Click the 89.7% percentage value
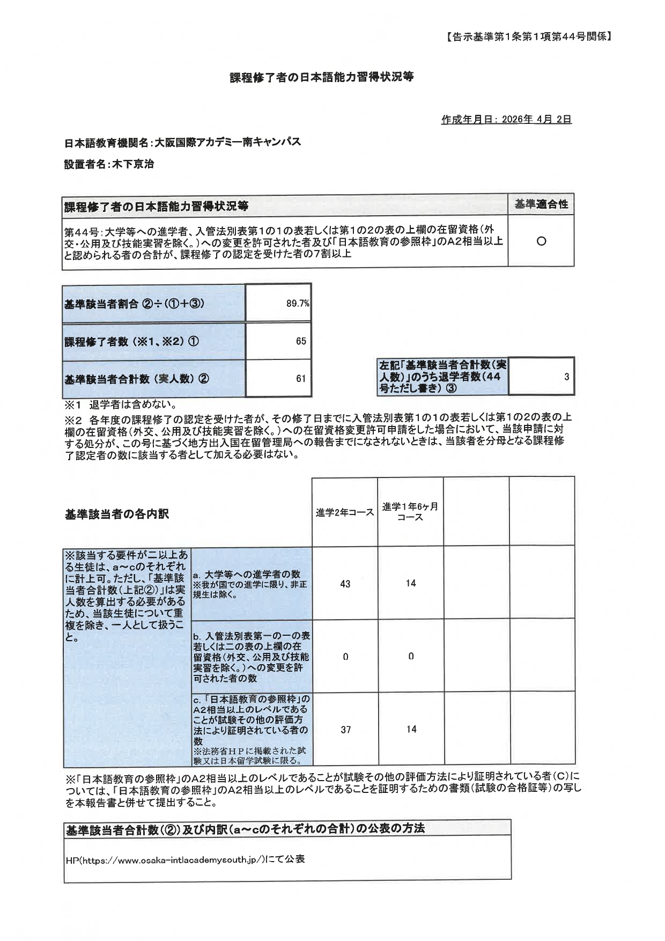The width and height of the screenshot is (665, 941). pyautogui.click(x=298, y=304)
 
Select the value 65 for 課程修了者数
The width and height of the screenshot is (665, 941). pyautogui.click(x=301, y=341)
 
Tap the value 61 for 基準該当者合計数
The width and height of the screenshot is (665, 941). pyautogui.click(x=301, y=379)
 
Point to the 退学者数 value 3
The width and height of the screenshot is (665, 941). pyautogui.click(x=566, y=377)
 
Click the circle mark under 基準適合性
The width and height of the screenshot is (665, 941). pyautogui.click(x=541, y=241)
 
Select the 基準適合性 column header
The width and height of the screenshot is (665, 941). pyautogui.click(x=541, y=204)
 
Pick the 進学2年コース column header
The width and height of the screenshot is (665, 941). pyautogui.click(x=345, y=513)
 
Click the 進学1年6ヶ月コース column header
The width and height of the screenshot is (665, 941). pyautogui.click(x=410, y=512)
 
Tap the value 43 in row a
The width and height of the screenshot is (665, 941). pyautogui.click(x=345, y=584)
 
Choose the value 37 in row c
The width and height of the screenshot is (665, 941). pyautogui.click(x=345, y=730)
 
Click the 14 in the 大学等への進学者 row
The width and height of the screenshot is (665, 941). pyautogui.click(x=411, y=584)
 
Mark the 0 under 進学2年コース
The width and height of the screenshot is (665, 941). pyautogui.click(x=345, y=657)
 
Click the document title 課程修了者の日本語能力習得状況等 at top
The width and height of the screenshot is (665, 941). pyautogui.click(x=322, y=77)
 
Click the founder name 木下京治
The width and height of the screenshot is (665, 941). pyautogui.click(x=132, y=165)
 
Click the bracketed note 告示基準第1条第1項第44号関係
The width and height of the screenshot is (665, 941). pyautogui.click(x=528, y=37)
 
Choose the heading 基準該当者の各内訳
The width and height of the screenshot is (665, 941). pyautogui.click(x=116, y=514)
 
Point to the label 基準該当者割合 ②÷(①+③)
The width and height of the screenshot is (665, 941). pyautogui.click(x=134, y=304)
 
